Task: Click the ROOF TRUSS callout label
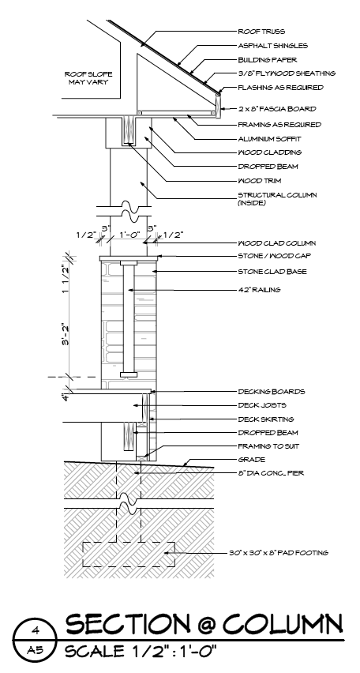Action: click(261, 32)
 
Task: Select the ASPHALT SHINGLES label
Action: click(273, 46)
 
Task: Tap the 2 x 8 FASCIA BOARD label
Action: click(277, 108)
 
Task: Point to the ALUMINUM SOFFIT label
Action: click(269, 139)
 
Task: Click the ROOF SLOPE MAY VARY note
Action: click(88, 77)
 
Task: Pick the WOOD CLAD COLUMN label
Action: click(277, 243)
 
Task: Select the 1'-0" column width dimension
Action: click(129, 235)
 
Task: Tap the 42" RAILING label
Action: click(259, 290)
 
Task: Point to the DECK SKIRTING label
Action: click(266, 419)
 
